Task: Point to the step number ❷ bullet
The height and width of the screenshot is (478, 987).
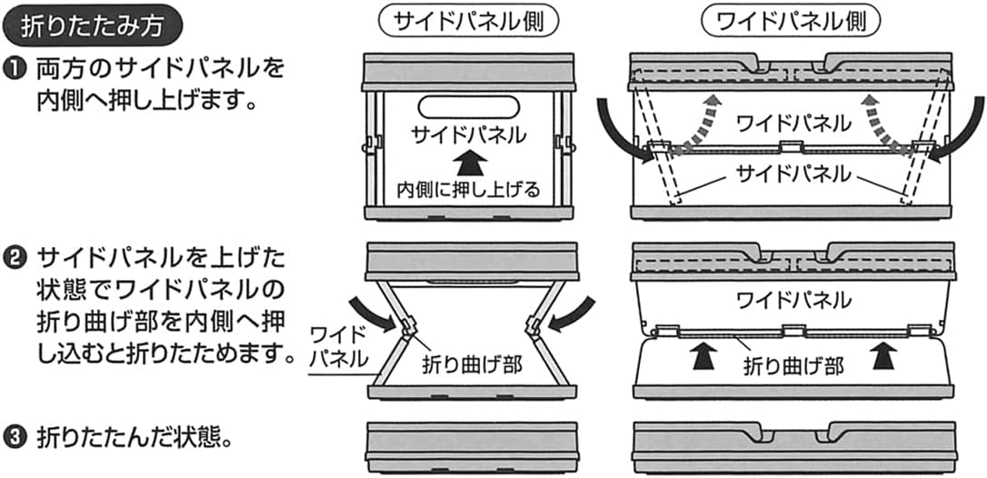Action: tap(16, 259)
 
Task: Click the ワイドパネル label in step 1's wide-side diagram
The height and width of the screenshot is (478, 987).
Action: tap(793, 122)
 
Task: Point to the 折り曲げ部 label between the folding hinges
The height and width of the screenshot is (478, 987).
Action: tap(471, 364)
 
